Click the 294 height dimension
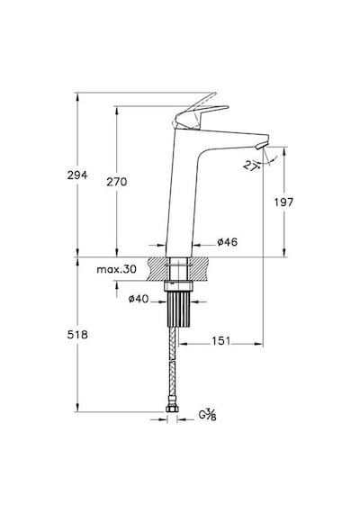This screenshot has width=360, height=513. [77, 175]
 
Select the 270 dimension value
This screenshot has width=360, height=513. [116, 182]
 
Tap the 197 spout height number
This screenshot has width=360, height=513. [283, 202]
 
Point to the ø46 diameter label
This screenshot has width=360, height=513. [227, 242]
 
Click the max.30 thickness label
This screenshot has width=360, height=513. [116, 270]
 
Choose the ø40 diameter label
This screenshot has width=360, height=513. [139, 299]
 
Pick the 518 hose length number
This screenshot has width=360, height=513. [77, 335]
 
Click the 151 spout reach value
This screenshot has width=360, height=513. [221, 341]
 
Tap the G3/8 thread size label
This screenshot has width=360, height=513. [208, 415]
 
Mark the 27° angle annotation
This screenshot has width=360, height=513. [251, 166]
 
